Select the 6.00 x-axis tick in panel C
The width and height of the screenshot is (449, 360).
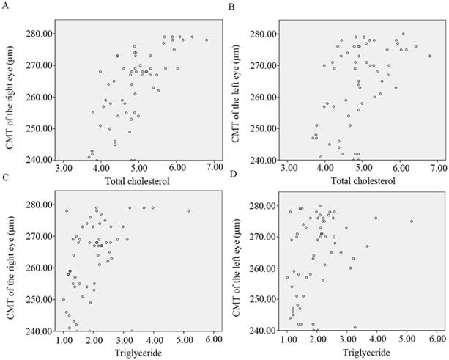tap(214, 339)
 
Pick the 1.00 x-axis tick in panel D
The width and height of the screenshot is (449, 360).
tap(289, 339)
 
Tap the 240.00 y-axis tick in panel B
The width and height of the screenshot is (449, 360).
tap(262, 159)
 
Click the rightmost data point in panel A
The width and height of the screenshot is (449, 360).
tap(207, 40)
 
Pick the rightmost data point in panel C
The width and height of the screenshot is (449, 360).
tap(188, 211)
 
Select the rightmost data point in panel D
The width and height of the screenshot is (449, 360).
tap(412, 221)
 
